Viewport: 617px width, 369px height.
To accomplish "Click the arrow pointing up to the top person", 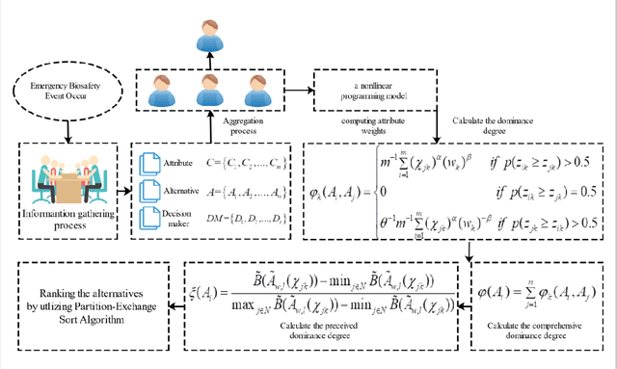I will [x=209, y=61].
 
